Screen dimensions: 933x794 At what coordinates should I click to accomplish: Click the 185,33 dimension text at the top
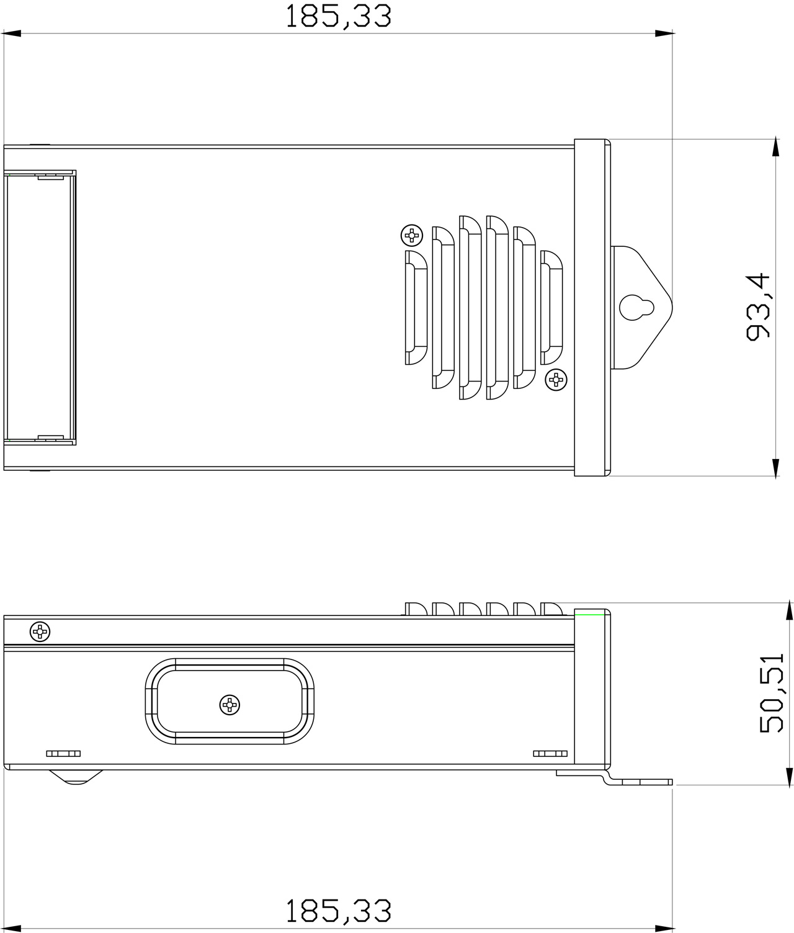point(338,17)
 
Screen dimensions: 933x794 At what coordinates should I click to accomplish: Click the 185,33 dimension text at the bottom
point(338,911)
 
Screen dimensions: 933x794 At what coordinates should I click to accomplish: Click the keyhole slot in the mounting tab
point(636,307)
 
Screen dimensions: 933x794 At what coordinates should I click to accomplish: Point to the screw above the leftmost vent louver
point(412,235)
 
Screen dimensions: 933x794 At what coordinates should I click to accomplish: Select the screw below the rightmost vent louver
point(556,379)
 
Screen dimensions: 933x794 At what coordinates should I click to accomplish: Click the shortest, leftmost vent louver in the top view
point(416,307)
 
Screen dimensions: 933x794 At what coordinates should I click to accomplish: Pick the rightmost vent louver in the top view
point(551,307)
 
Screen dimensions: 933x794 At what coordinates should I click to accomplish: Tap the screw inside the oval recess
point(230,704)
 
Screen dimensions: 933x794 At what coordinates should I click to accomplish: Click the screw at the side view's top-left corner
point(40,632)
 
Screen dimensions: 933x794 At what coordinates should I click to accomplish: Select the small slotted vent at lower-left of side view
point(63,754)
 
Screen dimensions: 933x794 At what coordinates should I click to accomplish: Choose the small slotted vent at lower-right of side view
point(550,754)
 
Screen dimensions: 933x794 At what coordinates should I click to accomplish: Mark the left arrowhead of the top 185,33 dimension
point(11,33)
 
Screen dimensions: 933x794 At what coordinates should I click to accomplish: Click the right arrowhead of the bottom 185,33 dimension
point(664,928)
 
